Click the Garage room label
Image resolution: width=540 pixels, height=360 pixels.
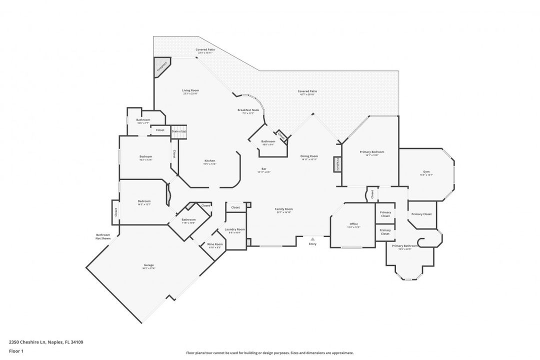coord(148,266)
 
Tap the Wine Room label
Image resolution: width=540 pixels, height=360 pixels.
coord(215,245)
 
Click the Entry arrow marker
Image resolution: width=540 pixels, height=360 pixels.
coord(312,239)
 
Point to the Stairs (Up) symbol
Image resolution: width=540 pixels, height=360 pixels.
coord(179,131)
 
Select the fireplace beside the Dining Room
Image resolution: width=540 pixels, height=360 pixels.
coord(337,164)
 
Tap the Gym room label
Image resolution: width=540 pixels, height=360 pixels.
coord(426,172)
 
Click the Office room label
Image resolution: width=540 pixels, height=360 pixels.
coord(353,225)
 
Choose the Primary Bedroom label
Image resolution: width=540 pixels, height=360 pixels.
coord(371,152)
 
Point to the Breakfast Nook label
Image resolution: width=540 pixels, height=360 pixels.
coord(248,111)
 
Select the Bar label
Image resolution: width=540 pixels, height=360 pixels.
coord(263,169)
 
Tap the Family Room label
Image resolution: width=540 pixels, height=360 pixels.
coord(283,210)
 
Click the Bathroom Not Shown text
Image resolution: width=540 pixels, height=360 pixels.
coord(103,236)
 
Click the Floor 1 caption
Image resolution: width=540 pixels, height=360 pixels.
coord(16,351)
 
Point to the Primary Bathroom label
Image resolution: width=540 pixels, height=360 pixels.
coord(404,247)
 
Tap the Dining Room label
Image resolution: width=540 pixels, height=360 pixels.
coord(309,157)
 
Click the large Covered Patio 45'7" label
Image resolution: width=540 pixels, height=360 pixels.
coord(307,92)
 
